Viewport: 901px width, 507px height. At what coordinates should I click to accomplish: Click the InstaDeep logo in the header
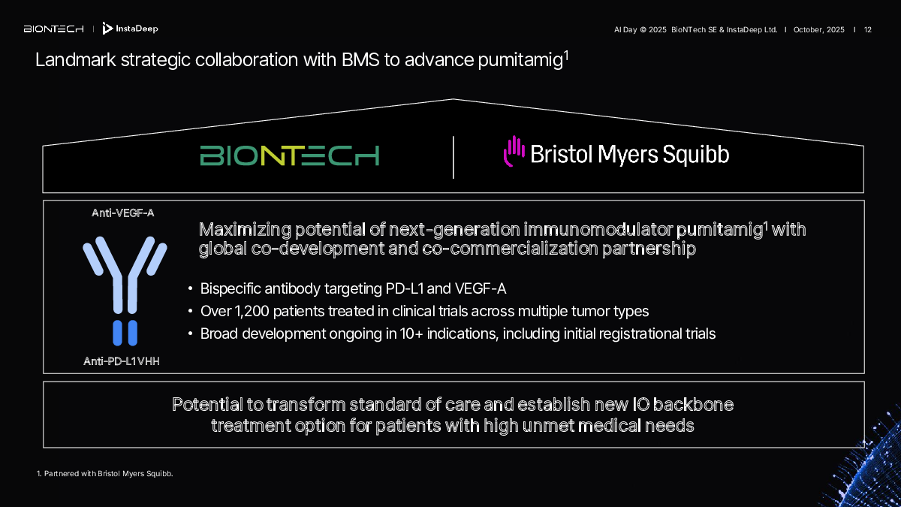(131, 29)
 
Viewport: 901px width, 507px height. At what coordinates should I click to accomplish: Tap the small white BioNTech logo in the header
(54, 29)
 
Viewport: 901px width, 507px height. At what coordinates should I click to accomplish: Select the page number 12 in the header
(868, 30)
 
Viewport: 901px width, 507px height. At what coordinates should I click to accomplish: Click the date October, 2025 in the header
(818, 30)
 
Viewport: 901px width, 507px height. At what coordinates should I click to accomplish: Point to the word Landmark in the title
(76, 60)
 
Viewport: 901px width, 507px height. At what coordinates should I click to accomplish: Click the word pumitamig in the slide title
(520, 61)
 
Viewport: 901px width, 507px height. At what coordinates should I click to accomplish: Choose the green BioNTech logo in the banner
(290, 155)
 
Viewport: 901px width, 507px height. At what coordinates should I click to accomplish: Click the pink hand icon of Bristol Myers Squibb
(514, 151)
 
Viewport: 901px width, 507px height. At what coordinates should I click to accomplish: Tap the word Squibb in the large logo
(696, 155)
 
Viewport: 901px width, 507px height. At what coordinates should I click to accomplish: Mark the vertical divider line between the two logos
(454, 157)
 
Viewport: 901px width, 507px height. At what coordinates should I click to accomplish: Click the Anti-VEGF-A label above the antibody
(122, 213)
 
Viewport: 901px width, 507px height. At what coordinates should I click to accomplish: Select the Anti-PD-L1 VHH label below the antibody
(122, 361)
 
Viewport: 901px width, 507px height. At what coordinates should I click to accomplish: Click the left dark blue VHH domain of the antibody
(117, 333)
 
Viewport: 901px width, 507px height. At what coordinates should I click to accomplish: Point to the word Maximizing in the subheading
(245, 230)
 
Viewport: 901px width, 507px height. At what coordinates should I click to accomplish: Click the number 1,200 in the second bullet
(252, 312)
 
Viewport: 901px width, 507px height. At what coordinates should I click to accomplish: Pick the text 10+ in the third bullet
(411, 334)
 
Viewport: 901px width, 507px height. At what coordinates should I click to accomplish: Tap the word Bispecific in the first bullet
(231, 289)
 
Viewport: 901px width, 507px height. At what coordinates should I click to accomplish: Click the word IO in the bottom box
(640, 405)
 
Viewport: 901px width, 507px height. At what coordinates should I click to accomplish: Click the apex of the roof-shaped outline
(453, 99)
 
